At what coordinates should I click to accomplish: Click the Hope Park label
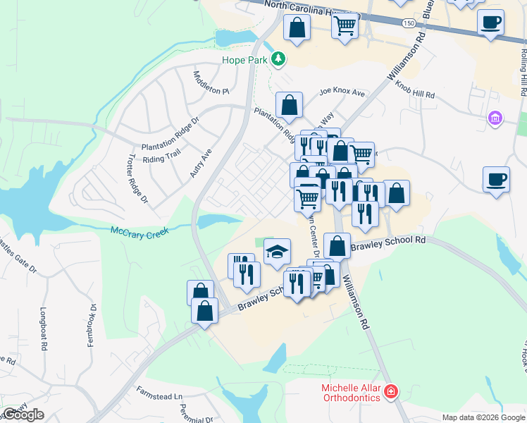pyautogui.click(x=244, y=60)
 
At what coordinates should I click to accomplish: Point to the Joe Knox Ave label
pyautogui.click(x=342, y=92)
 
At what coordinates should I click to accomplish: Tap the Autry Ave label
pyautogui.click(x=201, y=162)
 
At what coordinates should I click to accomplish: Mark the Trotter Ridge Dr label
pyautogui.click(x=137, y=179)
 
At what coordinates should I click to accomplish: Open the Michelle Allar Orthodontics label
pyautogui.click(x=351, y=393)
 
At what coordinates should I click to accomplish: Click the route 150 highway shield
pyautogui.click(x=409, y=23)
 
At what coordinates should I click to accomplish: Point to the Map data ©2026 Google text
pyautogui.click(x=483, y=417)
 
